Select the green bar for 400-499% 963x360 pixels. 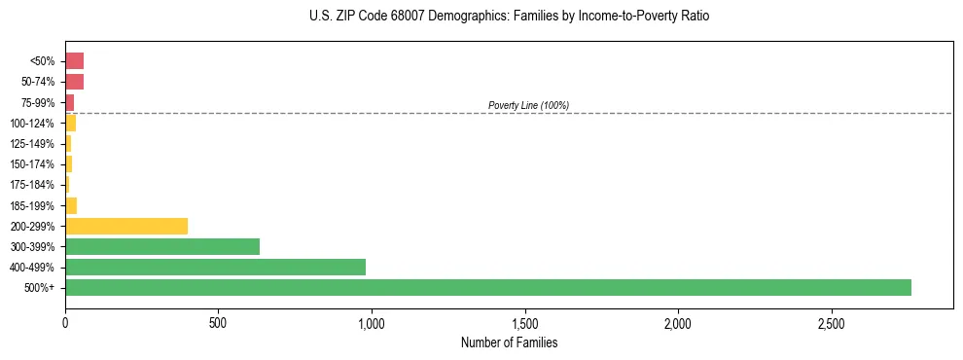pos(215,267)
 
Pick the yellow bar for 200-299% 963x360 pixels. pos(126,226)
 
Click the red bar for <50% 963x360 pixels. pos(74,61)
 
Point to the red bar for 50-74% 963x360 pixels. pos(74,82)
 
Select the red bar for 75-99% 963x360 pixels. pos(69,102)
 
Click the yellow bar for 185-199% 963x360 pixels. pos(71,205)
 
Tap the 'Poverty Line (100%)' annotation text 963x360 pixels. pos(528,105)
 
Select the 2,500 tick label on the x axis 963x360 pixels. pos(831,323)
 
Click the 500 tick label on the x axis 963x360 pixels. pos(218,323)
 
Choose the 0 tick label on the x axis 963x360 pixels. pos(65,323)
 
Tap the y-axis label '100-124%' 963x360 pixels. pos(32,124)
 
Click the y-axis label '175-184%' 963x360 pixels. pos(32,185)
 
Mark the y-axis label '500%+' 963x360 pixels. pos(38,288)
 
